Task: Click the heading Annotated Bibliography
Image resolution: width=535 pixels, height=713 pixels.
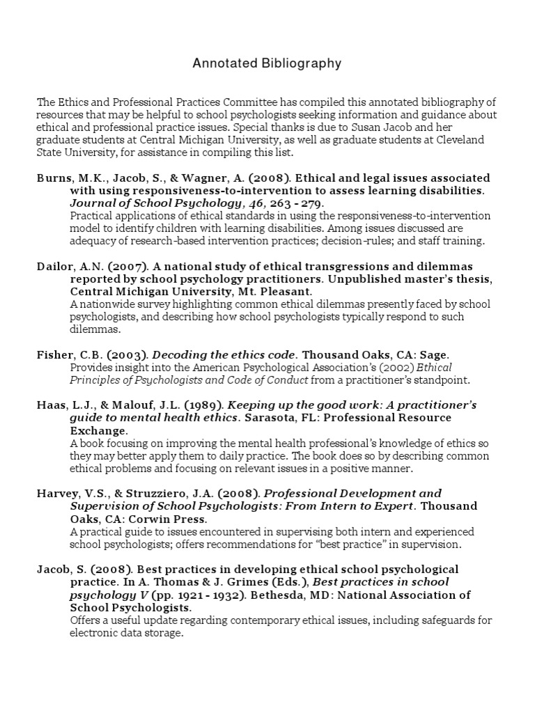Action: coord(267,64)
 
